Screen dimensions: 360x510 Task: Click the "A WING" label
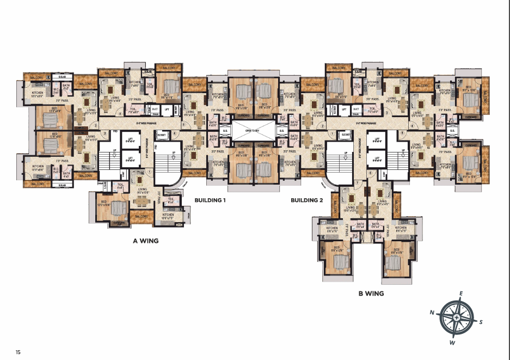(x=145, y=240)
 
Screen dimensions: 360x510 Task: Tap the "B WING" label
(x=371, y=294)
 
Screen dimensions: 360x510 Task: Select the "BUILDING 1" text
(x=210, y=200)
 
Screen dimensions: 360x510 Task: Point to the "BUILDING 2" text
(x=306, y=200)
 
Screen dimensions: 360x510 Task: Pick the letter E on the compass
(x=461, y=294)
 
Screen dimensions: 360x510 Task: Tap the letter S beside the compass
(x=481, y=322)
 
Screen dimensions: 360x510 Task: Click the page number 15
(x=19, y=352)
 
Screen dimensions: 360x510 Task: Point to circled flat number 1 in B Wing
(x=332, y=133)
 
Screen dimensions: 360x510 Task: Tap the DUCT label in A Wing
(x=155, y=109)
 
